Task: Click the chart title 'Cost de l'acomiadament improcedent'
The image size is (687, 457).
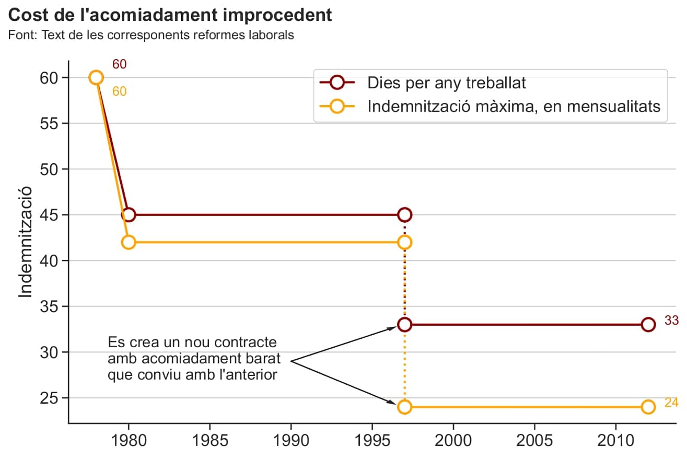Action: [x=170, y=15]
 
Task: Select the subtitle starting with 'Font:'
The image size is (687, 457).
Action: [x=151, y=36]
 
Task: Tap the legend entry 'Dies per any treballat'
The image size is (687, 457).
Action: [x=446, y=82]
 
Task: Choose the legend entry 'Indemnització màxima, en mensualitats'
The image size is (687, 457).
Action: [x=514, y=106]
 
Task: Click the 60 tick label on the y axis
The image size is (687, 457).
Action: [x=49, y=78]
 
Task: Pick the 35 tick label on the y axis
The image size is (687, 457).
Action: [x=49, y=306]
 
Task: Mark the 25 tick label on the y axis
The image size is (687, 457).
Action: [x=49, y=398]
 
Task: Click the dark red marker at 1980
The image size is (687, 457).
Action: [x=129, y=215]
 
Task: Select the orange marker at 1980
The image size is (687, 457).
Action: [x=129, y=242]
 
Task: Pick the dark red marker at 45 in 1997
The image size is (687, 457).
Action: [x=404, y=215]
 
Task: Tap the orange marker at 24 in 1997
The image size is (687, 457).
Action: [x=404, y=407]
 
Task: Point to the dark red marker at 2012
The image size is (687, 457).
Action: [x=648, y=325]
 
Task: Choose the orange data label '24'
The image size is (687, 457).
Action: [x=671, y=403]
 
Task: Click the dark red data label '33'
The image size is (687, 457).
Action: [x=671, y=321]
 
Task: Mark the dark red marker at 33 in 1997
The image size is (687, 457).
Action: [x=404, y=325]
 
